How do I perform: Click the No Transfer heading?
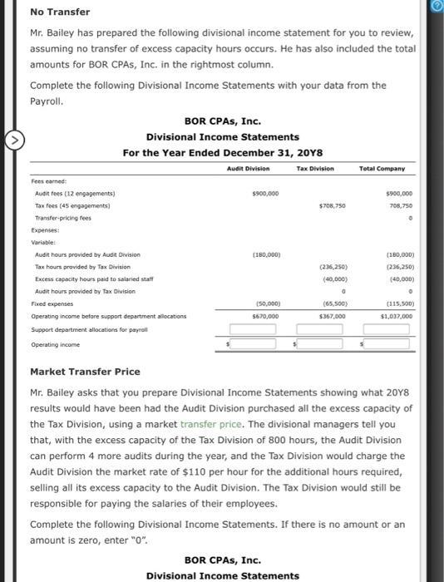coord(60,12)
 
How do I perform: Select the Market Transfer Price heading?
coord(85,372)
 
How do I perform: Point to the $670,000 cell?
coord(264,317)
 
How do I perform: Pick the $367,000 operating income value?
coord(332,317)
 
